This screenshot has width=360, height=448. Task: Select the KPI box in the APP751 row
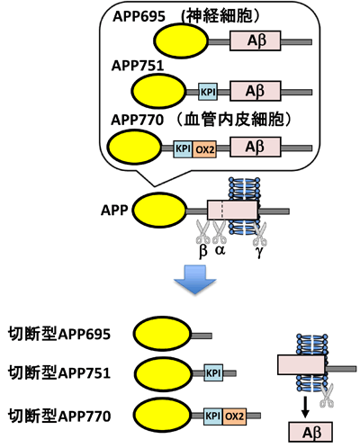click(207, 91)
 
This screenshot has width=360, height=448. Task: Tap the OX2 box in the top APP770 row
click(204, 147)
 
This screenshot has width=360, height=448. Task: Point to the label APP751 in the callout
click(137, 66)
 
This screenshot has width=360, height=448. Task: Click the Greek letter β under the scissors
click(202, 253)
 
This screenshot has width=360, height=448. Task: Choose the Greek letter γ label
click(260, 254)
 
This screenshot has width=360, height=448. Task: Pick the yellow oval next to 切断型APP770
click(160, 414)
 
